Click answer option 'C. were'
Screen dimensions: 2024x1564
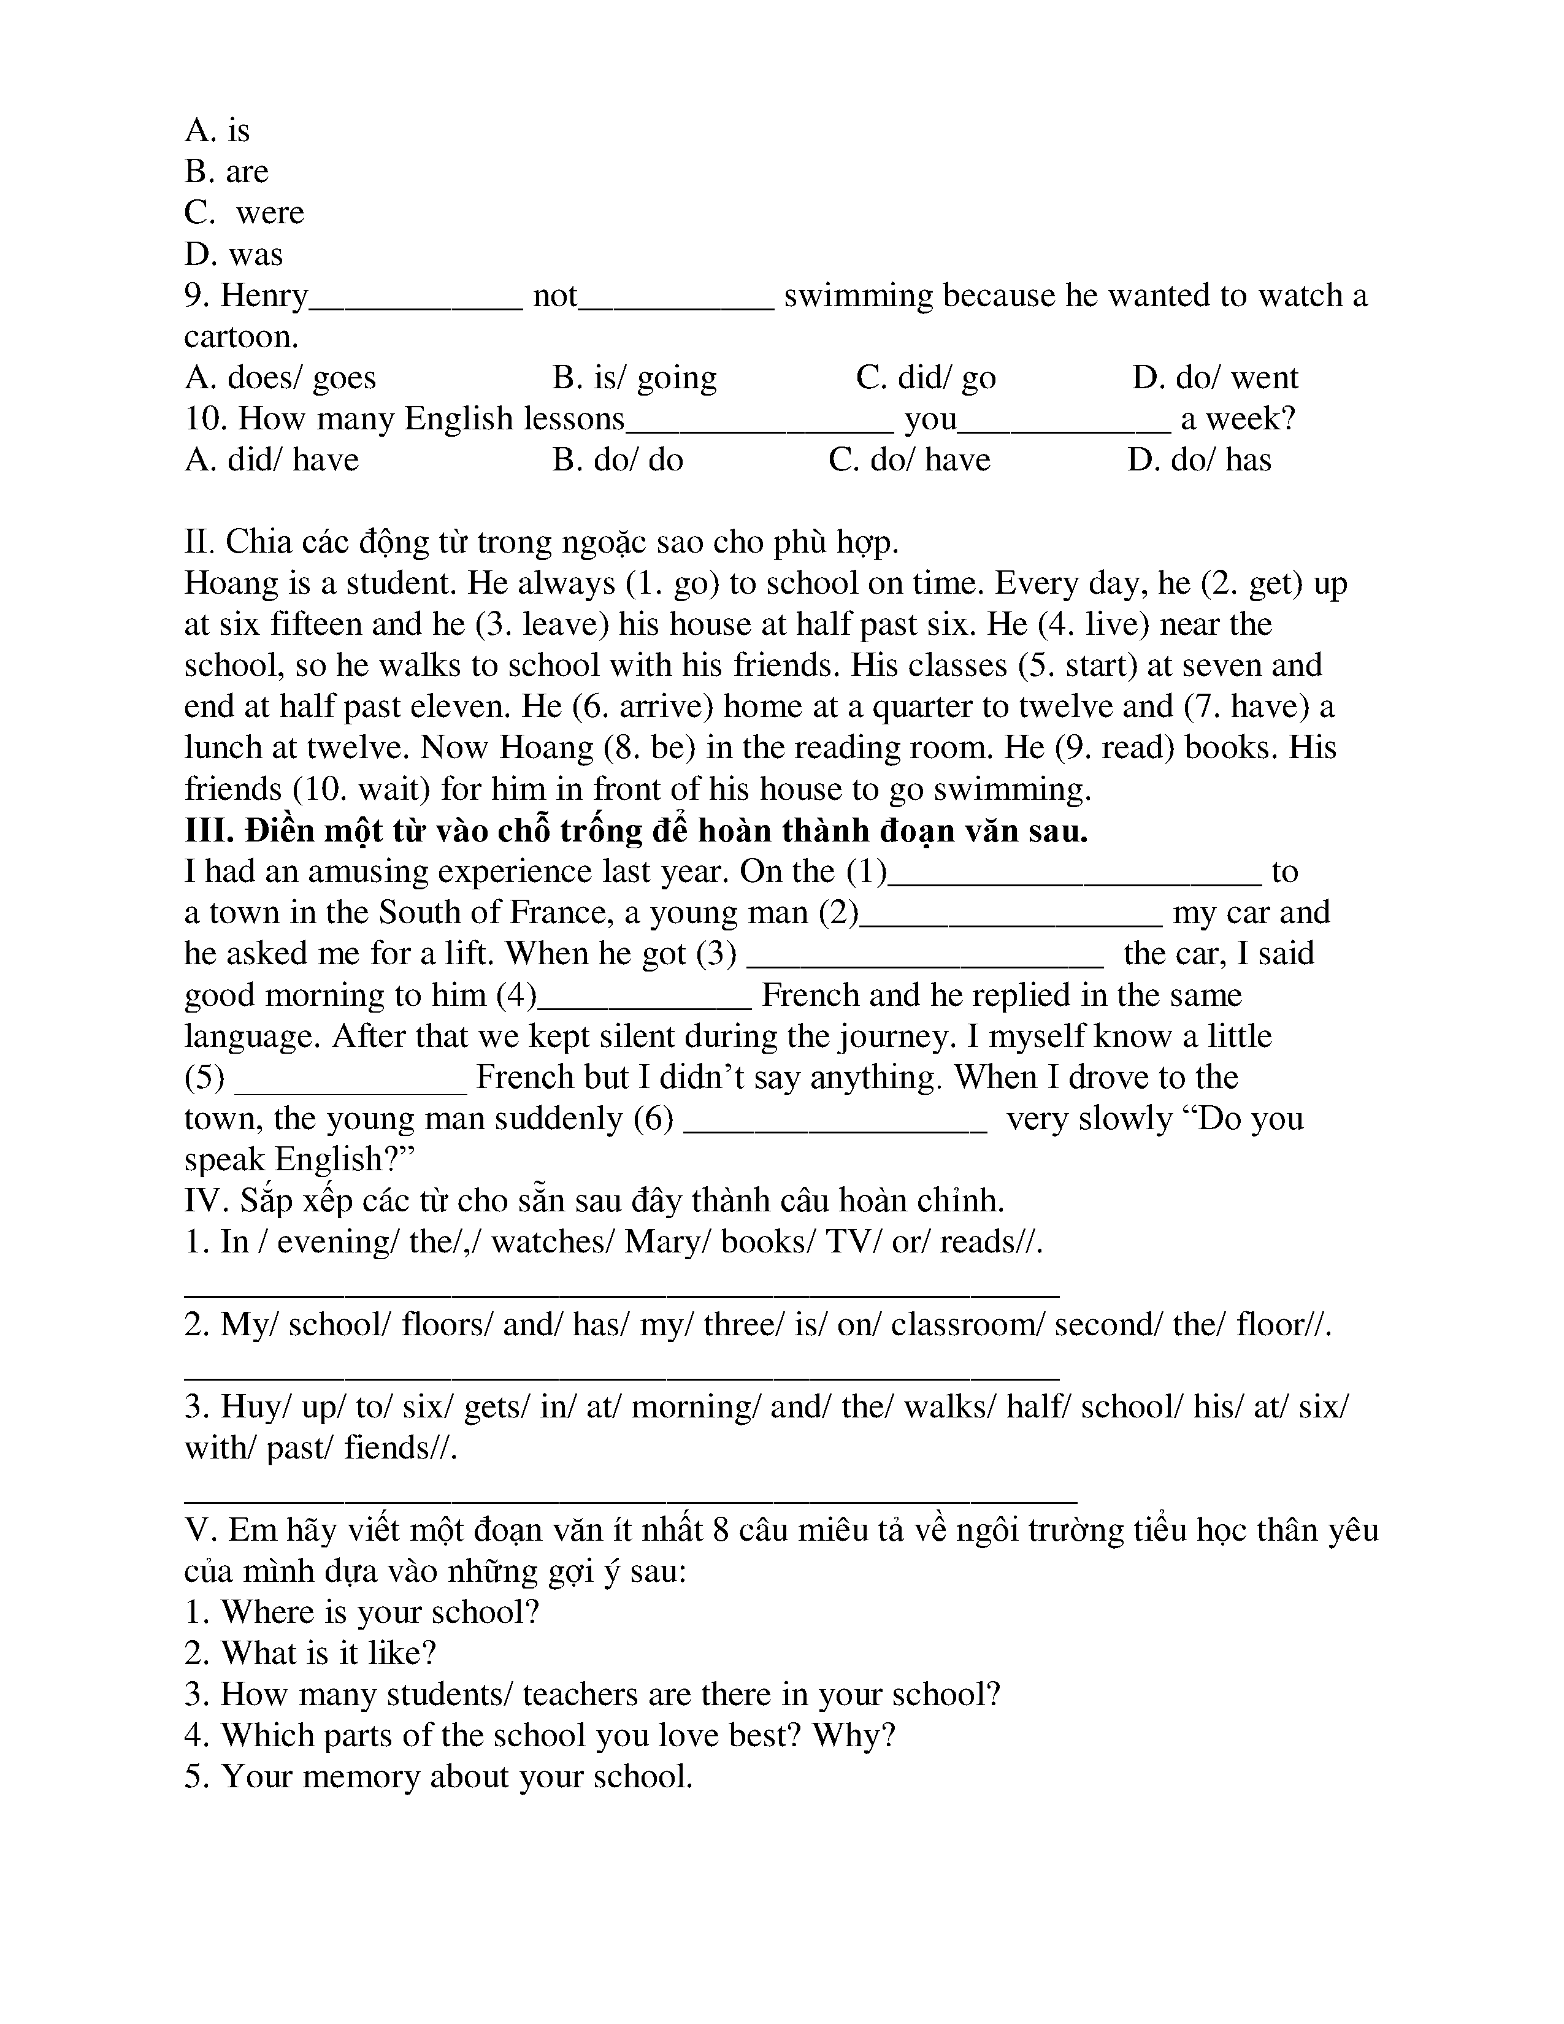click(243, 213)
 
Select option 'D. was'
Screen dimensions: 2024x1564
click(234, 254)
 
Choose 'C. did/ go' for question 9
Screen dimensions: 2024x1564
click(926, 378)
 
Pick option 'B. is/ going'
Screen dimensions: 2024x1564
click(635, 378)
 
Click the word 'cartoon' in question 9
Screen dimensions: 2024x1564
click(239, 336)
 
